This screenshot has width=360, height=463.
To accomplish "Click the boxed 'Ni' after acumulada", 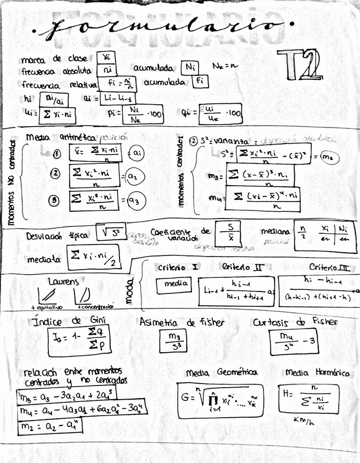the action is tap(190, 68).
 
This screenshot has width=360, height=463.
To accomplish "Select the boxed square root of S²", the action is tap(111, 233).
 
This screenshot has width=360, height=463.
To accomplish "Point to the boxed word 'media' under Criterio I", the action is tap(174, 284).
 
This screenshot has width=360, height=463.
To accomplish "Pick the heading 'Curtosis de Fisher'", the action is tap(295, 322).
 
